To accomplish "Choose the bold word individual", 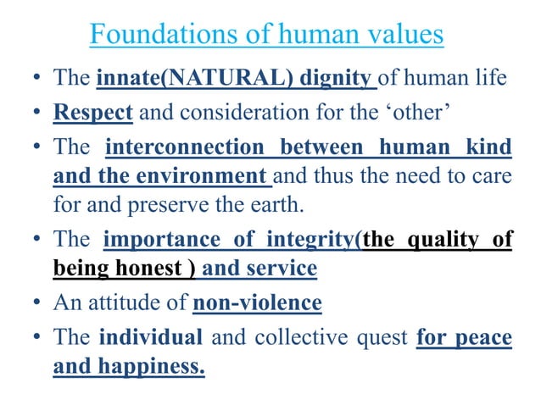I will tap(150, 338).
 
